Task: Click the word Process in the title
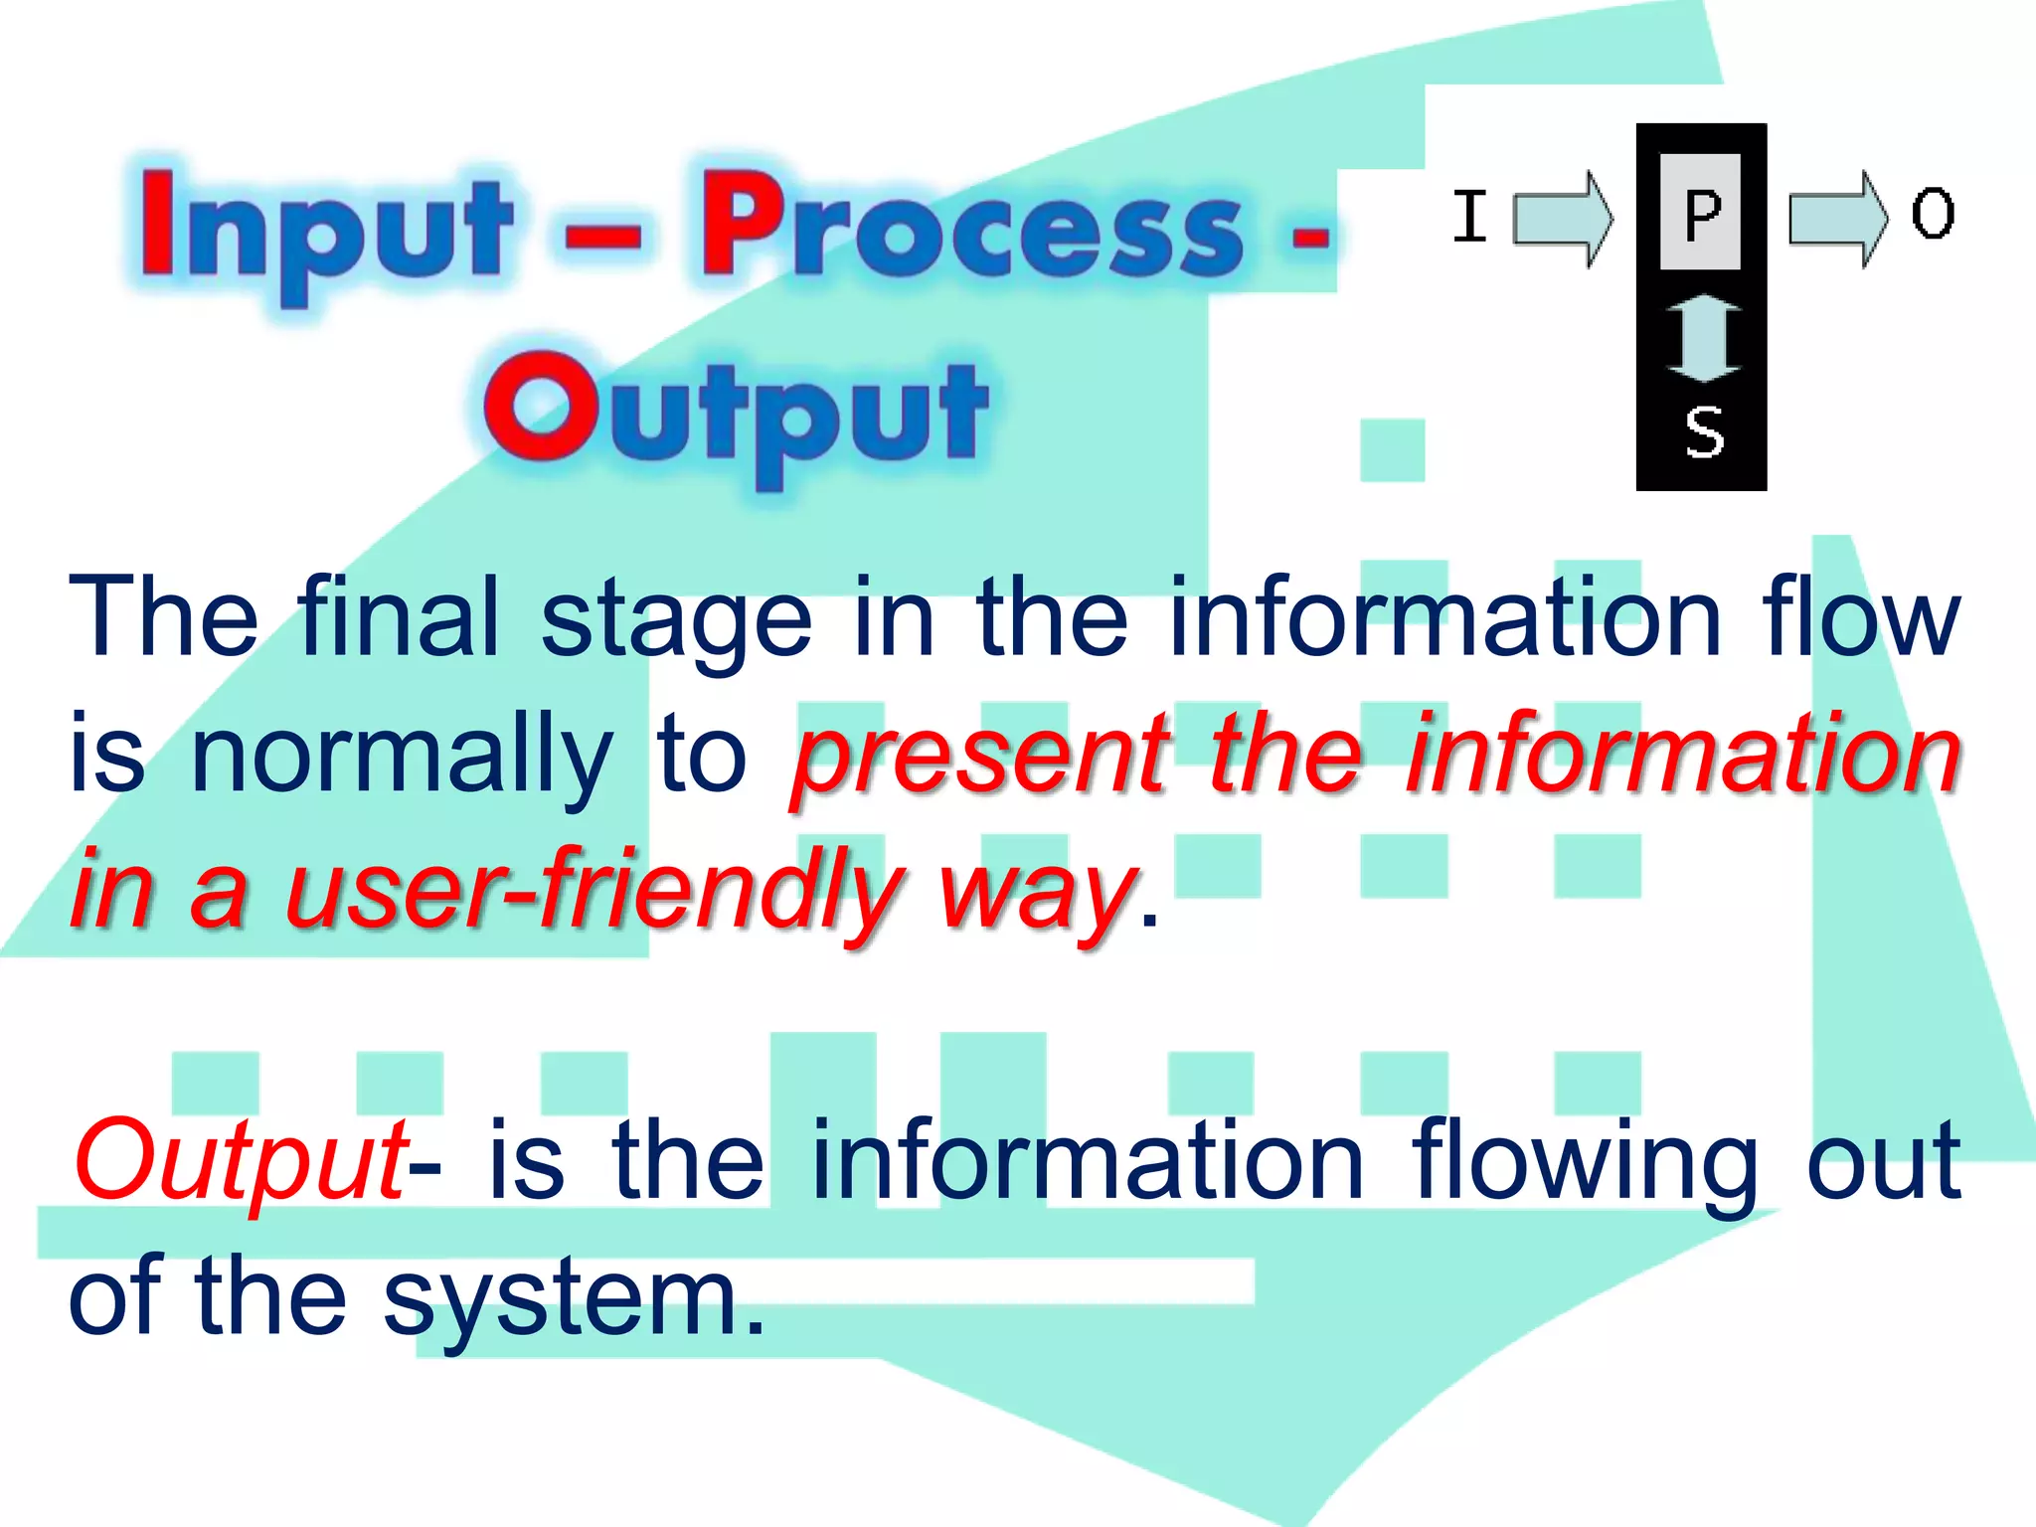tap(972, 227)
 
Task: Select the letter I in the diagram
tap(1469, 216)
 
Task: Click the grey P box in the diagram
tap(1701, 212)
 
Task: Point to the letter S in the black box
tap(1704, 432)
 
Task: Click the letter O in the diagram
tap(1933, 214)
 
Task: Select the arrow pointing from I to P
tap(1563, 219)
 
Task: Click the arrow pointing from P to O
tap(1837, 219)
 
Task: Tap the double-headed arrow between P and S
tap(1703, 338)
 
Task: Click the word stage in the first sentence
tap(676, 621)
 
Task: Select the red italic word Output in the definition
tap(239, 1161)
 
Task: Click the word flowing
tap(1585, 1161)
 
